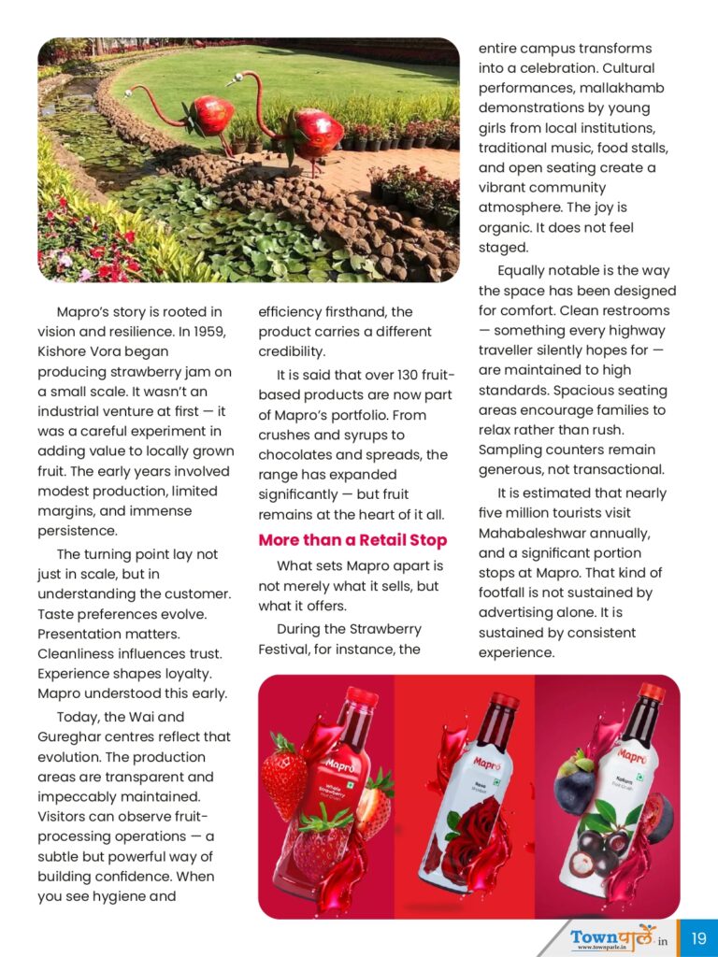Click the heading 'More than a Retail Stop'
[x=352, y=540]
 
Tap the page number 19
[x=698, y=937]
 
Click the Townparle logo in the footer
[x=612, y=936]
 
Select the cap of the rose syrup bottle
[x=505, y=701]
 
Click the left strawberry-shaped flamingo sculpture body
[x=210, y=117]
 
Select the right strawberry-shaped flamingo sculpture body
[x=318, y=133]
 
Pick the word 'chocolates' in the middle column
[x=299, y=454]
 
